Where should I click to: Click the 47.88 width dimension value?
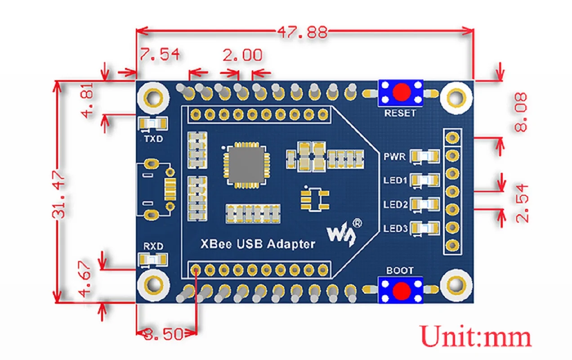tap(302, 32)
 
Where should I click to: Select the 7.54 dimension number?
tap(159, 54)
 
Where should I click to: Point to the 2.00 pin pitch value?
tap(242, 55)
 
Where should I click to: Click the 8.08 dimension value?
tap(521, 112)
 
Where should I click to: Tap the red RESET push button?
tap(401, 93)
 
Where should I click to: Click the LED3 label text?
tap(395, 229)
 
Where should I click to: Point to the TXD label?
tap(153, 139)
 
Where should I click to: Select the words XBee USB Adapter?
tap(257, 244)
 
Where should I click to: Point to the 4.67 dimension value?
tap(87, 281)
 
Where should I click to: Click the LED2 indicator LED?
tap(425, 204)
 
